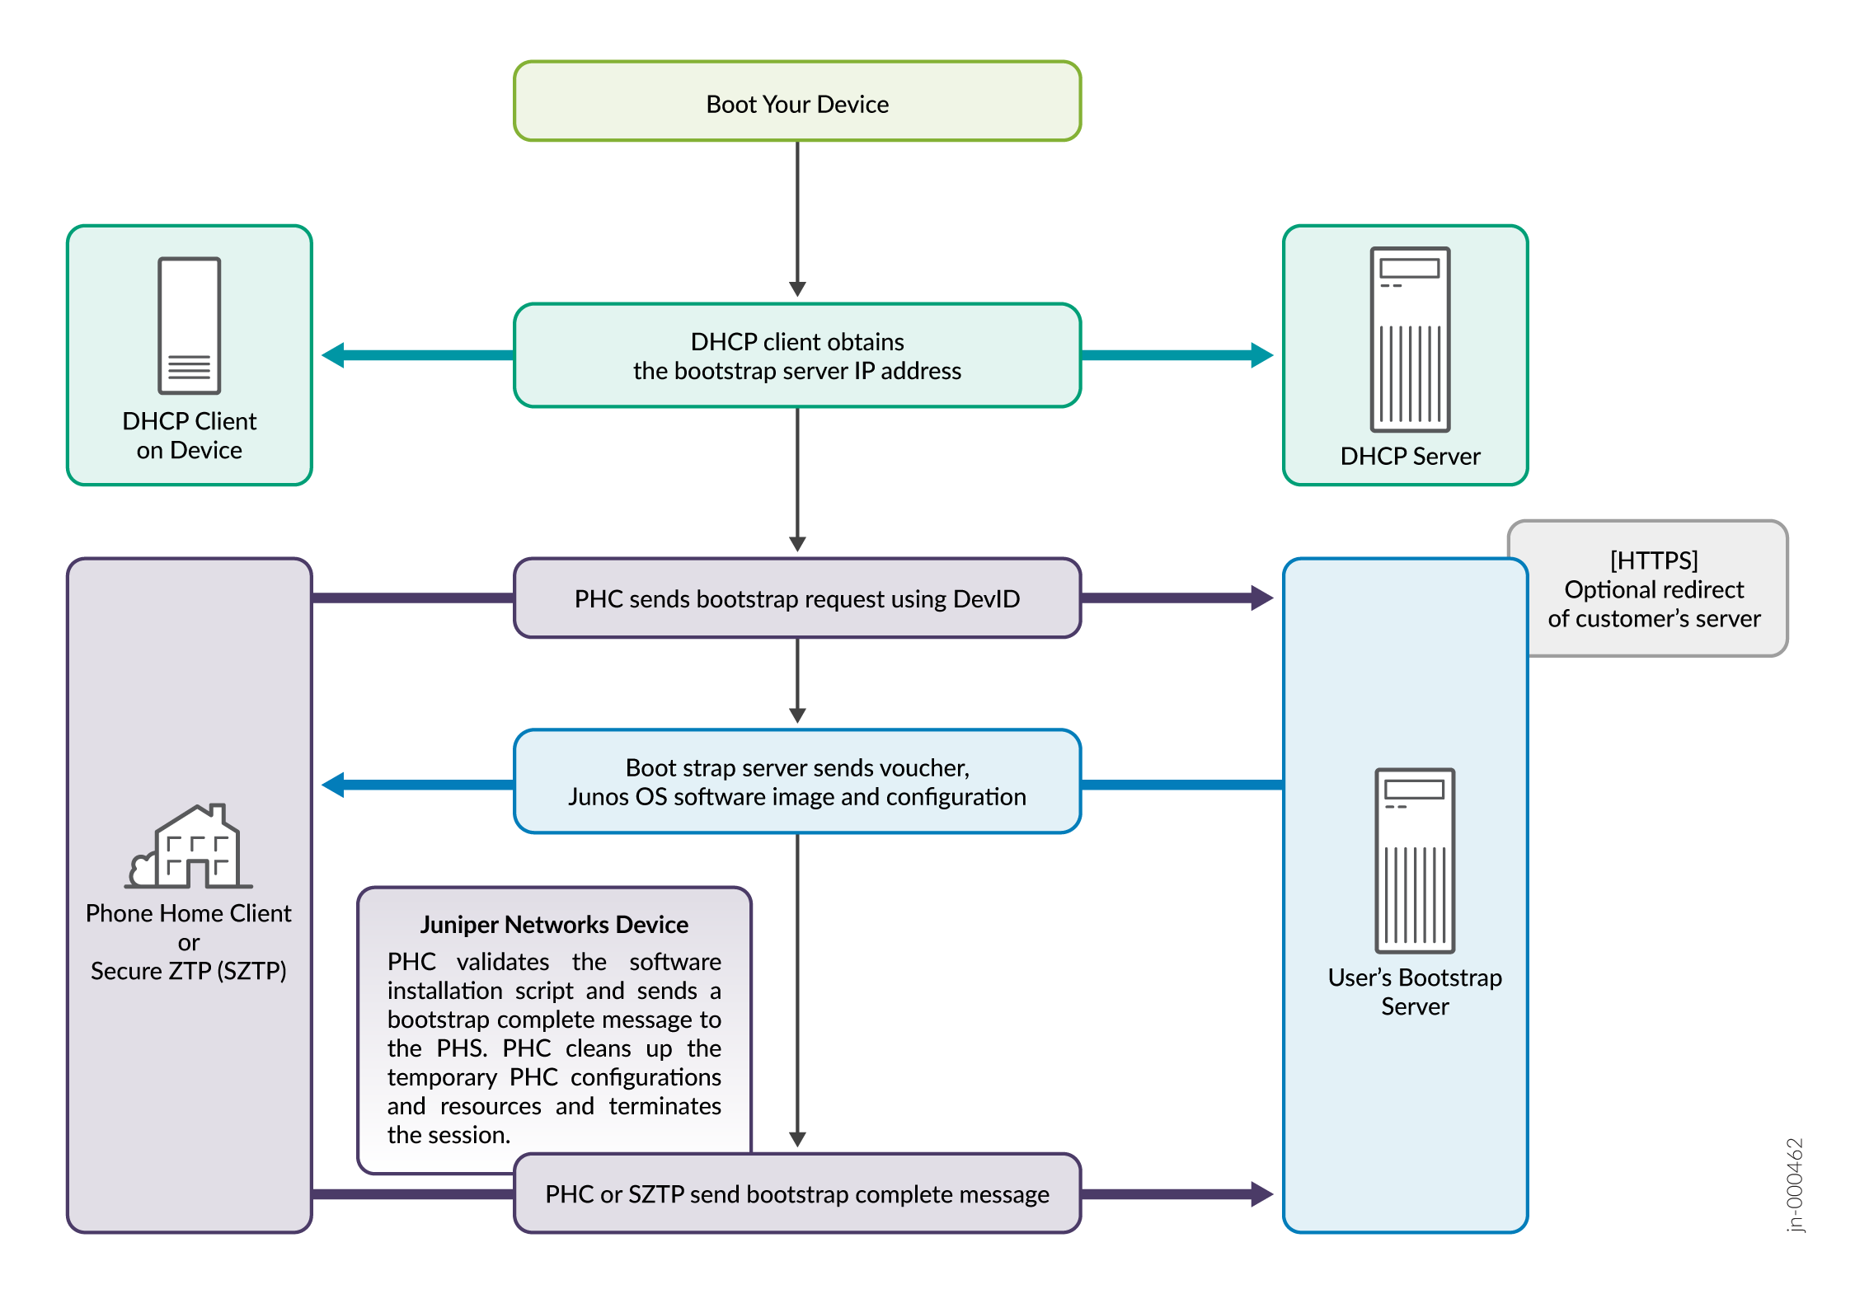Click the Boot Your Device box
coord(796,102)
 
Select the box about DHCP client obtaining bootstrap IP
coord(796,356)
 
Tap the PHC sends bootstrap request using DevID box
coord(796,598)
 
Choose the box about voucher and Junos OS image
coord(796,781)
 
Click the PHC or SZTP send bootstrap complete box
coord(796,1193)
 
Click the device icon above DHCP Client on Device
coord(189,326)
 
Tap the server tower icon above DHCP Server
coord(1410,340)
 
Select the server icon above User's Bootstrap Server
coord(1415,860)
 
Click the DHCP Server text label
coord(1410,457)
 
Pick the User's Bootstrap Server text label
coord(1415,992)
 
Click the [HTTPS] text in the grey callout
coord(1654,560)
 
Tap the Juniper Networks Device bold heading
coord(554,925)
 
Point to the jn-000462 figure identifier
coord(1795,1185)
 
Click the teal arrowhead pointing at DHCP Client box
coord(333,355)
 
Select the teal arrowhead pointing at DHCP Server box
coord(1261,355)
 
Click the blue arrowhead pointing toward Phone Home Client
coord(333,785)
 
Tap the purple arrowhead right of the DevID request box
coord(1261,598)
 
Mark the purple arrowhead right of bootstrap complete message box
coord(1261,1193)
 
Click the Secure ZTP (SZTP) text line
coord(189,971)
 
